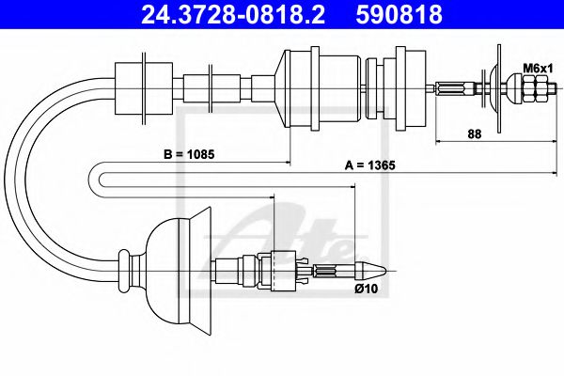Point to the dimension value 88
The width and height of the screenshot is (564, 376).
pos(475,133)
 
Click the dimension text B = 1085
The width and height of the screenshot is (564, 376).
pos(187,153)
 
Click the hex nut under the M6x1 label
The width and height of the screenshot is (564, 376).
pos(534,89)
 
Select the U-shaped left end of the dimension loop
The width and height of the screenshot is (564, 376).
pos(100,178)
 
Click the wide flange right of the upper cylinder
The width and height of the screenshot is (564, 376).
pos(411,86)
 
